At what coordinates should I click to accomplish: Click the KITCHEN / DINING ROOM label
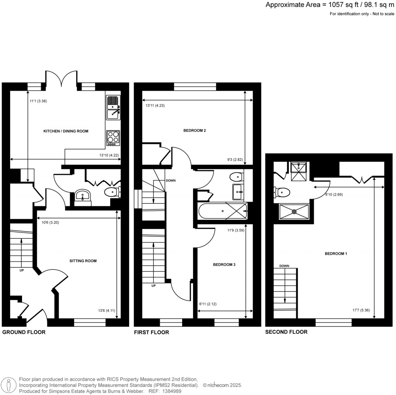pos(66,131)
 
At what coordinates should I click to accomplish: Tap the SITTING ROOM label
pos(83,261)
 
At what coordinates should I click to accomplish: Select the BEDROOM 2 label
pos(194,131)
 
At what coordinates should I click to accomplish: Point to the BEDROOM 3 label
pos(224,265)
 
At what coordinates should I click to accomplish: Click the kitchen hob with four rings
pos(113,137)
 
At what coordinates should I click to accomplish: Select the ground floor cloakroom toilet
pos(113,191)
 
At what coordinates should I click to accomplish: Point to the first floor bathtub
pos(222,211)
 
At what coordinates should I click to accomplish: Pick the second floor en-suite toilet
pos(282,192)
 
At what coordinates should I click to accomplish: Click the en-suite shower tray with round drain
pos(294,211)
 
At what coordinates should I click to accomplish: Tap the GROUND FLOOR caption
pos(24,332)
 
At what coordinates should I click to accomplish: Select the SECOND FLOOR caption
pos(286,332)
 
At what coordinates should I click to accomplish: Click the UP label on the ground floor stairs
pos(21,270)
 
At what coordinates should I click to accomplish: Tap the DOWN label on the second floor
pos(284,266)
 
